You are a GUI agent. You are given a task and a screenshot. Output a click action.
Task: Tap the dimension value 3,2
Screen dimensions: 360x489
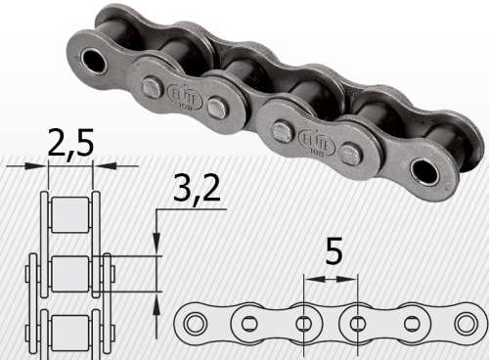pos(198,190)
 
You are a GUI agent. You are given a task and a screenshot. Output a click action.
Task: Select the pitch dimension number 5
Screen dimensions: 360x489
pos(333,255)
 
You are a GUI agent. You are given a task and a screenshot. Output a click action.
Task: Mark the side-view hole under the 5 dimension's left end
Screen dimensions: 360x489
pos(304,322)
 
